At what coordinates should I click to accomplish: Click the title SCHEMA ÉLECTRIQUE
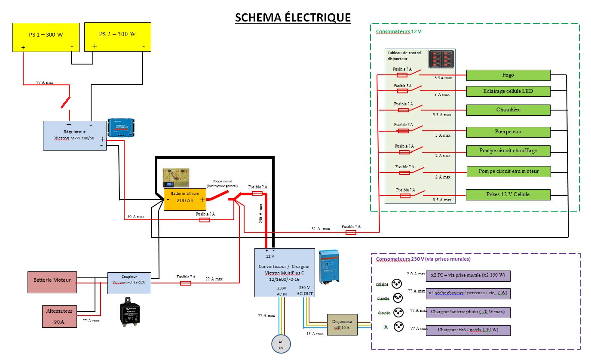[293, 18]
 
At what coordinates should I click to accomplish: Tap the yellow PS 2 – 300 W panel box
[118, 37]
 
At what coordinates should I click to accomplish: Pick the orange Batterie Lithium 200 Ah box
[185, 199]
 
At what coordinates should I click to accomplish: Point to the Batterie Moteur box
[52, 280]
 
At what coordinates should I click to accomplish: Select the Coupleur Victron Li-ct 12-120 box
[129, 283]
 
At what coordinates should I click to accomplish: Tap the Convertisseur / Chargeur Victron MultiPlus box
[284, 272]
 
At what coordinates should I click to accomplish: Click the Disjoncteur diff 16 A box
[342, 324]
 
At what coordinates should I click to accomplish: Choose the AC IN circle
[281, 344]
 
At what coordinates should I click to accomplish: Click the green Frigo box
[508, 75]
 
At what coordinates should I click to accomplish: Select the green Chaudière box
[508, 110]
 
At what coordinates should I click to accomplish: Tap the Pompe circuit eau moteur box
[508, 171]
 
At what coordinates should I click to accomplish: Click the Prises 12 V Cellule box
[508, 194]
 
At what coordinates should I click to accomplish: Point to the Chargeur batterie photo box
[468, 312]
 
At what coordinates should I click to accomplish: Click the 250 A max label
[261, 214]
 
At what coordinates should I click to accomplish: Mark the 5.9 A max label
[443, 78]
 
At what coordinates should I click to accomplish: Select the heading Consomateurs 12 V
[398, 31]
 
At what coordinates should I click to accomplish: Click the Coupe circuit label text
[225, 183]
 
